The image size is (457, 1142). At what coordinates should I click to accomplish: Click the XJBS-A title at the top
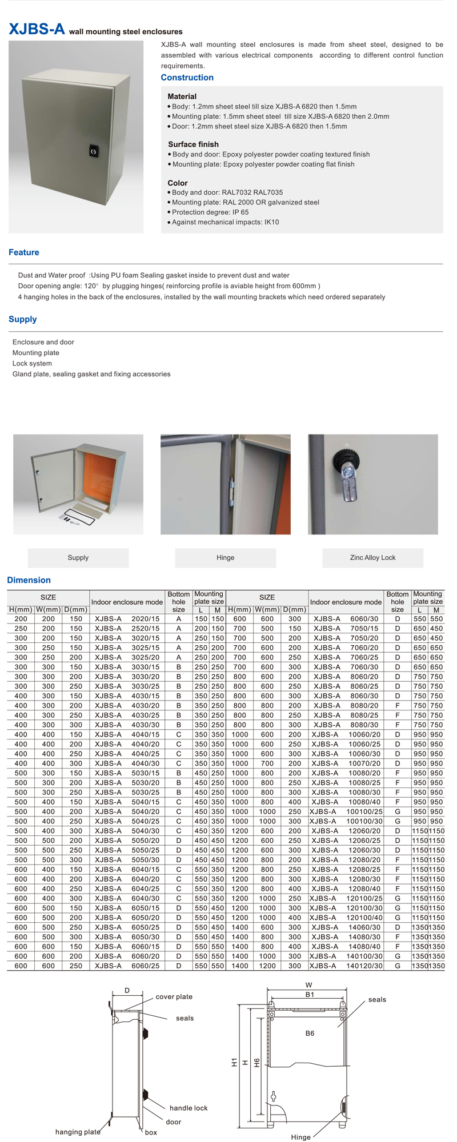[37, 30]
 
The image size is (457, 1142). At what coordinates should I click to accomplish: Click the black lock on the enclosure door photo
[94, 151]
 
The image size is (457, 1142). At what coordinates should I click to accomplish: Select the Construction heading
[187, 78]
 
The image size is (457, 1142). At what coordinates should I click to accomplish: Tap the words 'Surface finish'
[193, 144]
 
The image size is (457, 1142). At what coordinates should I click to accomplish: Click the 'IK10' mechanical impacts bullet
[226, 222]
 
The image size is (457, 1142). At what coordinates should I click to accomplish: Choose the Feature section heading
[24, 252]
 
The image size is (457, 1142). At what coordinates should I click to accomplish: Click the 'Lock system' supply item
[32, 364]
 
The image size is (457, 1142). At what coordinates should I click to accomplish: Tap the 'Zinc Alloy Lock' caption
[372, 558]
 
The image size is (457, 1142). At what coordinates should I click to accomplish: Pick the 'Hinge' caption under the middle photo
[225, 558]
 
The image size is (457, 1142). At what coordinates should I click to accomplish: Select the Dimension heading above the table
[29, 580]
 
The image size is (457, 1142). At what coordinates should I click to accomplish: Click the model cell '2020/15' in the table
[146, 619]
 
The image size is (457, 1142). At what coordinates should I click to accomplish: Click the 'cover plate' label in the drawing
[174, 997]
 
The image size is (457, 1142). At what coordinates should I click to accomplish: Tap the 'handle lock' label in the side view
[189, 1108]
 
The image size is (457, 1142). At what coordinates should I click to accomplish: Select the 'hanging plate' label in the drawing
[78, 1132]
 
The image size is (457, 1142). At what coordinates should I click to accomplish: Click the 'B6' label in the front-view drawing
[310, 1034]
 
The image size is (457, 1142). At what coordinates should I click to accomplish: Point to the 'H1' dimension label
[234, 1063]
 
